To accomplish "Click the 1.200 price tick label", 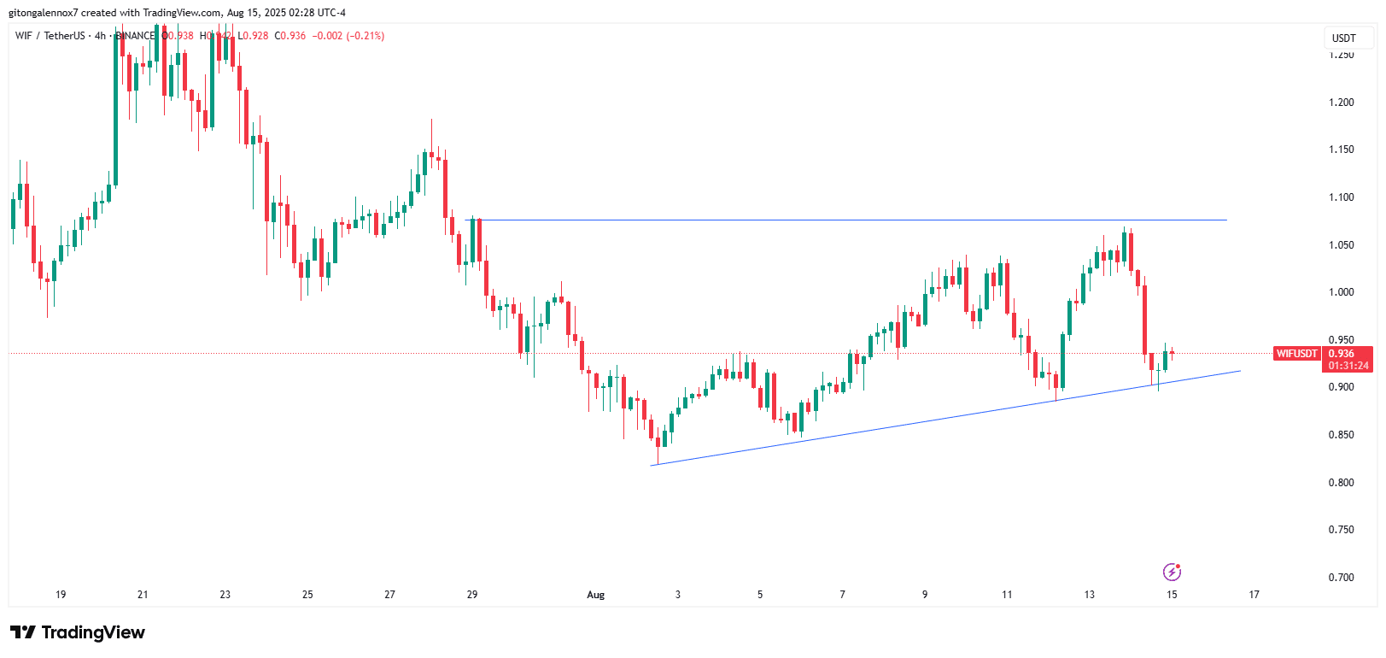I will [1341, 103].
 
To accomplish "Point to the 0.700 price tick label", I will [1341, 578].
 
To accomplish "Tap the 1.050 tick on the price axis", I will [1341, 245].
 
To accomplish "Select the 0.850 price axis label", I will [1341, 435].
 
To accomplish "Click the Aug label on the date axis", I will [595, 595].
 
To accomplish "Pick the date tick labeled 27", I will [389, 595].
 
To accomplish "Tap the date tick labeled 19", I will [61, 595].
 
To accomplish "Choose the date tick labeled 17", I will [1254, 595].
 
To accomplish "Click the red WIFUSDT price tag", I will [1296, 354].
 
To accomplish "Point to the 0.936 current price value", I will [1341, 354].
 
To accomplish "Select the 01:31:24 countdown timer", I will [1348, 366].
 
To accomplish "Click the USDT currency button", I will [1344, 38].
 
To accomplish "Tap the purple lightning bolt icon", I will [1172, 572].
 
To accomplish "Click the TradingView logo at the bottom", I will [78, 632].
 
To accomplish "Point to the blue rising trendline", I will [939, 418].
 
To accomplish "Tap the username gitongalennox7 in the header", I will [43, 13].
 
